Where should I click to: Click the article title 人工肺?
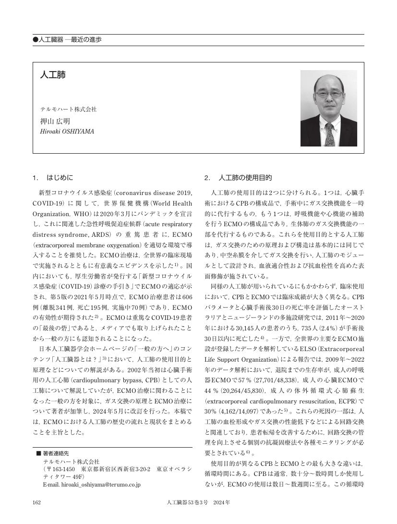coord(52,75)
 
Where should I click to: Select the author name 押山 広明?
coord(55,121)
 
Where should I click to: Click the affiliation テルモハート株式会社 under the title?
coord(68,110)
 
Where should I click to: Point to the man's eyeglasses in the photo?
coord(329,93)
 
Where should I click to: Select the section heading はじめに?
coord(60,178)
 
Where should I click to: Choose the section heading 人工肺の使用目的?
coord(245,178)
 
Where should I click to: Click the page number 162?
coord(36,502)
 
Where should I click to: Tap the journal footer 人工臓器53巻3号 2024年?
coord(198,502)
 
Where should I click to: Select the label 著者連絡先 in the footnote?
coord(56,453)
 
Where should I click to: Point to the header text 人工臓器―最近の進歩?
coord(70,40)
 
